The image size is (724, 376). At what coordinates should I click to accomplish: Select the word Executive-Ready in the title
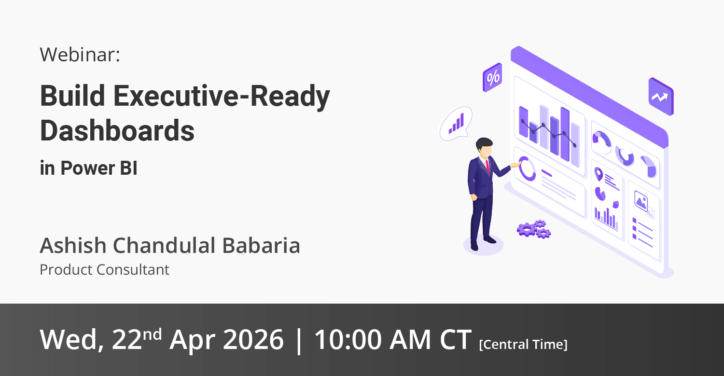coord(222,96)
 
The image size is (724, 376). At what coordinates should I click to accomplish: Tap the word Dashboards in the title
coord(117,131)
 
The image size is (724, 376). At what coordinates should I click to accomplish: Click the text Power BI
coord(99,168)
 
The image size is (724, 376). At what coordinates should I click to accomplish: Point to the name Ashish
coord(73,245)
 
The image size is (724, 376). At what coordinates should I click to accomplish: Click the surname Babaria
coord(261,245)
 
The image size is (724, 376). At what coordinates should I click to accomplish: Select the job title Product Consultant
coord(104,270)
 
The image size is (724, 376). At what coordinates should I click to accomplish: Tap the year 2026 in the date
coord(253,339)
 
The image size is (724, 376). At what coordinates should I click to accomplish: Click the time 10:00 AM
coord(372,339)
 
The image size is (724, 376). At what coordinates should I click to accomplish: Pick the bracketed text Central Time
coord(523,344)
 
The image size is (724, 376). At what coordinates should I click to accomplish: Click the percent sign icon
coord(492,77)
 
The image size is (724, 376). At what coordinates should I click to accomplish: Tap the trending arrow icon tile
coord(661,97)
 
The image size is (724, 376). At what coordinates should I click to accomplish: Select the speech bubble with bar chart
coord(456,124)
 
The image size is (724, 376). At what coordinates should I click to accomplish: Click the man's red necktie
coord(487,166)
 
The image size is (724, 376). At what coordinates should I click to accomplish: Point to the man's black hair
coord(484,143)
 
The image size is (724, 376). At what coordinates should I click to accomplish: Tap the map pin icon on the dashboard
coord(599,174)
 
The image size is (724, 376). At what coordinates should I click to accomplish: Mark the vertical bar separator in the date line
coord(299,341)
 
